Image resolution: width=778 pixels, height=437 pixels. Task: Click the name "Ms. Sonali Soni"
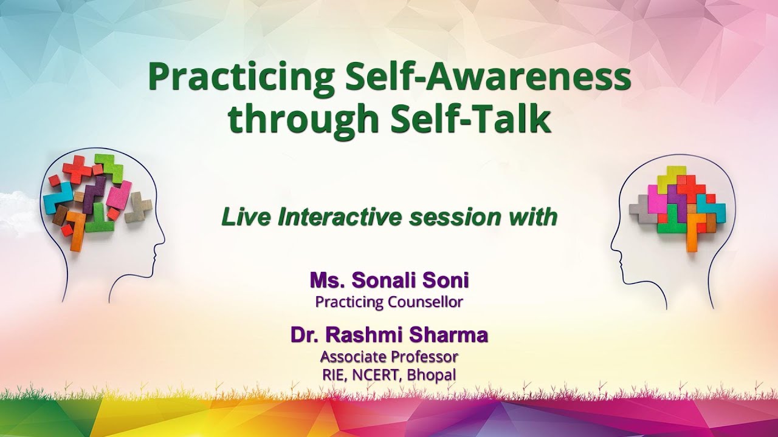point(389,280)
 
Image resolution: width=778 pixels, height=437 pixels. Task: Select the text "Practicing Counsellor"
point(389,302)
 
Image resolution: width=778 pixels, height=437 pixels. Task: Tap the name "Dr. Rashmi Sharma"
point(389,334)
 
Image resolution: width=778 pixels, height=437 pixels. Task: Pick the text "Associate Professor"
point(389,356)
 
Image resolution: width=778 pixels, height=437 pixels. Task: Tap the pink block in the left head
point(119,195)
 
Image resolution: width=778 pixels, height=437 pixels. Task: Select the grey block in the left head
point(139,206)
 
